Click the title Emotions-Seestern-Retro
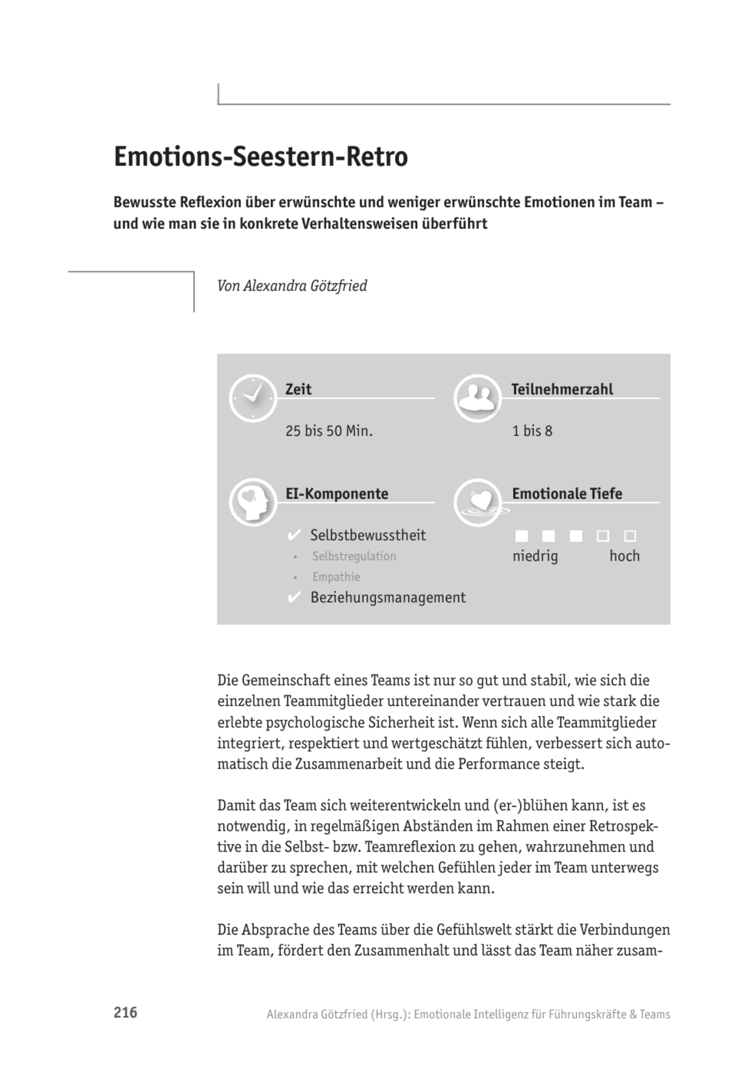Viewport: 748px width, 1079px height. point(261,157)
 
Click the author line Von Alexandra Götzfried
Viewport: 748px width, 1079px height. point(292,286)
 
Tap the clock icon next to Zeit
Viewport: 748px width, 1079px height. point(253,398)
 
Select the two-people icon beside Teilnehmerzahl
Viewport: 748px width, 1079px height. point(477,398)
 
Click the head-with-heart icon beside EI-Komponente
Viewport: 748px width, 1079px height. point(253,502)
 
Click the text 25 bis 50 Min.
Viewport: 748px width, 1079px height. point(329,431)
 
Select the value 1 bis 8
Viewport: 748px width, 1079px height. point(532,431)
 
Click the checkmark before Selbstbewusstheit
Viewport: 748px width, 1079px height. point(294,535)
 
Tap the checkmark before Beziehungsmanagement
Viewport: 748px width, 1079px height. point(294,597)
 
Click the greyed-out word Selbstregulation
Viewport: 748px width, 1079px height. point(354,556)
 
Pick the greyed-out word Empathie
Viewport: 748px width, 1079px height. point(335,577)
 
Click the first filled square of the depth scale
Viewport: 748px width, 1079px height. point(521,536)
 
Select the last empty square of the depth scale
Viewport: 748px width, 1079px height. point(630,536)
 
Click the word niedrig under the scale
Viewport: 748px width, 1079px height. point(535,556)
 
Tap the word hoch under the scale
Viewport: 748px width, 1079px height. point(624,556)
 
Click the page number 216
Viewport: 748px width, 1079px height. point(125,1013)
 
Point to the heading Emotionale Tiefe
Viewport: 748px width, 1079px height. point(567,494)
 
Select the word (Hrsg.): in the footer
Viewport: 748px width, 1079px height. point(390,1014)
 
